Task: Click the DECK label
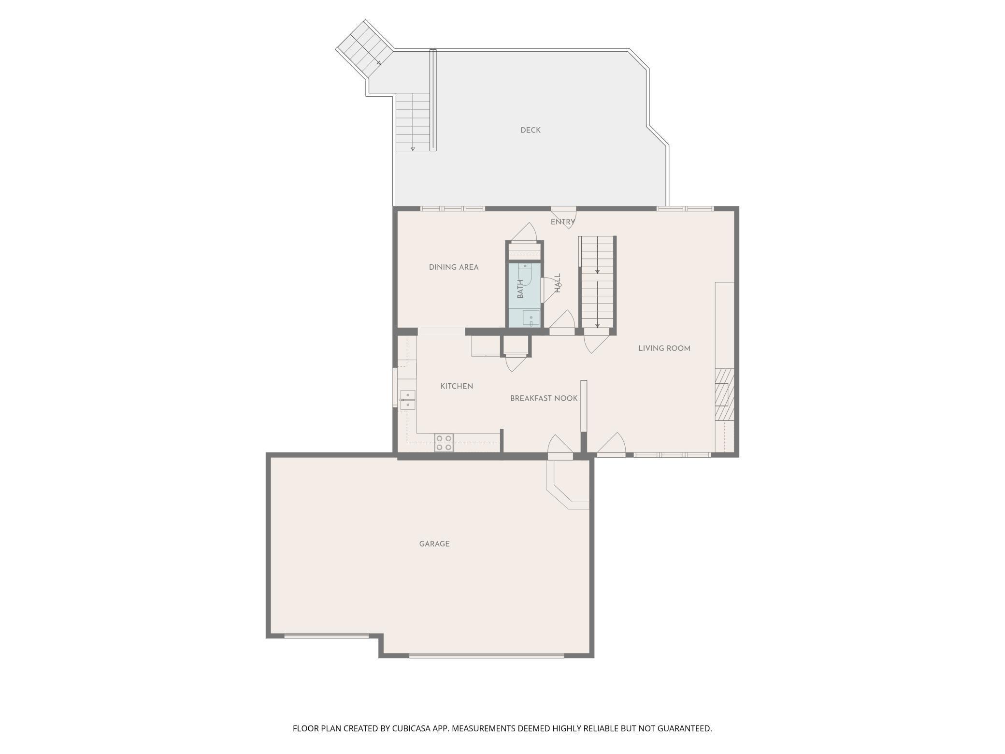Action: (530, 130)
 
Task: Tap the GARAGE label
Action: (434, 544)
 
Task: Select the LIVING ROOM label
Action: (664, 348)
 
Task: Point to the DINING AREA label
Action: (454, 267)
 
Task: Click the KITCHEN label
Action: (457, 386)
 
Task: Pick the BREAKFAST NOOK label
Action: (544, 398)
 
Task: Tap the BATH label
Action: (520, 289)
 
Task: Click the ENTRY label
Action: (563, 222)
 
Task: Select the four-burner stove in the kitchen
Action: (444, 443)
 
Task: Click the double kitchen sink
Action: (407, 399)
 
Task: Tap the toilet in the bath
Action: (525, 273)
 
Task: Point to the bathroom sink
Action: (531, 319)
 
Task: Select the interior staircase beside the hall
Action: (598, 282)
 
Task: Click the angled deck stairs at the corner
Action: (364, 48)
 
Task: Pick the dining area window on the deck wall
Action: (452, 209)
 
